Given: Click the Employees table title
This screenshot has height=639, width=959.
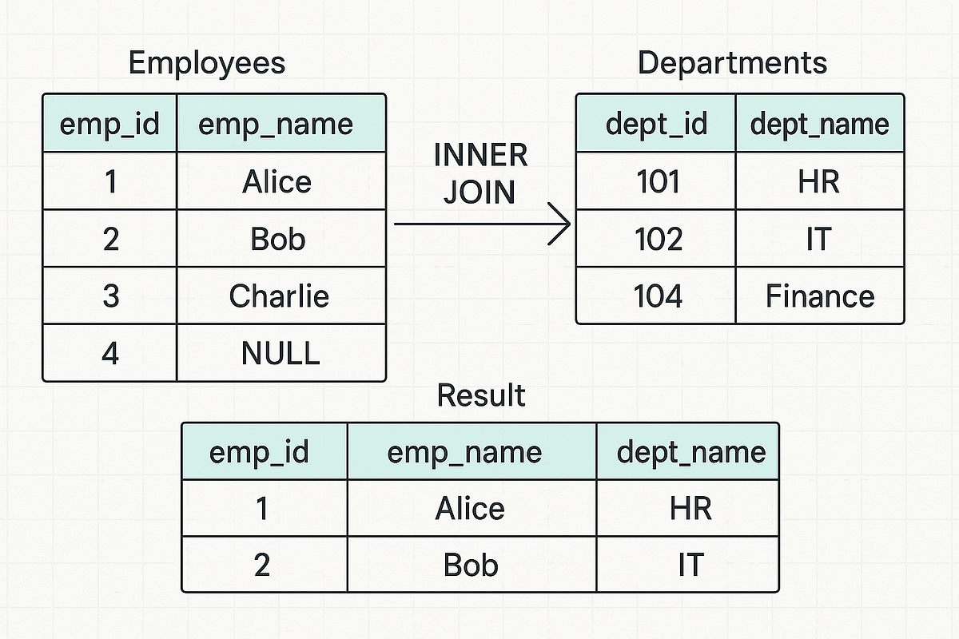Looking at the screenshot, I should [207, 63].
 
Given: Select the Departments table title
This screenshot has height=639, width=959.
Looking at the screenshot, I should [732, 63].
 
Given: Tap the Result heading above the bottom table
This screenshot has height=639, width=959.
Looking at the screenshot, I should [481, 395].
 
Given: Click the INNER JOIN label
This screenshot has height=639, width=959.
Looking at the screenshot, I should [480, 173].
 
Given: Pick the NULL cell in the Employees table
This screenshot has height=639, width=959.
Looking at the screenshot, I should [281, 353].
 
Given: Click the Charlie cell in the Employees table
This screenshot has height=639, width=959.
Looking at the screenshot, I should [279, 296].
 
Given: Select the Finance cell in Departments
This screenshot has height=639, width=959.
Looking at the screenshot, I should [820, 296].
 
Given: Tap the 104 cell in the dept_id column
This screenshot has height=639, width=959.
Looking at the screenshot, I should [658, 296].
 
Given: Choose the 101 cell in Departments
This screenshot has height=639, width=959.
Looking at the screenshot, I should [658, 182].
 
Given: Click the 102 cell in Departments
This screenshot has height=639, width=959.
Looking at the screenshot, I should [659, 239].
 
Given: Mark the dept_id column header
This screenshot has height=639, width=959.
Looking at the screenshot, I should [656, 124].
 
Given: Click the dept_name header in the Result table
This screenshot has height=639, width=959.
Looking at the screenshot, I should [690, 452].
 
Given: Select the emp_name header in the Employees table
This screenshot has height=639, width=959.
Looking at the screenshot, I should [275, 124].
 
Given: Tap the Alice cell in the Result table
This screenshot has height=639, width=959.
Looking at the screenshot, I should [470, 509].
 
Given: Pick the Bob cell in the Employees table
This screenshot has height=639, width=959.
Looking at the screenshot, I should [278, 239].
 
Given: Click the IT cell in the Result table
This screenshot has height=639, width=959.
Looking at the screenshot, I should [690, 566].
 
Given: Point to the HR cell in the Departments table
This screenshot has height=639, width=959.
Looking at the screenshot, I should [818, 182].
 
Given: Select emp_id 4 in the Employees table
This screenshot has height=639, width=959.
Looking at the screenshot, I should [110, 353].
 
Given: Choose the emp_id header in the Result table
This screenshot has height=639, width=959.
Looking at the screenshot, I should [259, 452].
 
